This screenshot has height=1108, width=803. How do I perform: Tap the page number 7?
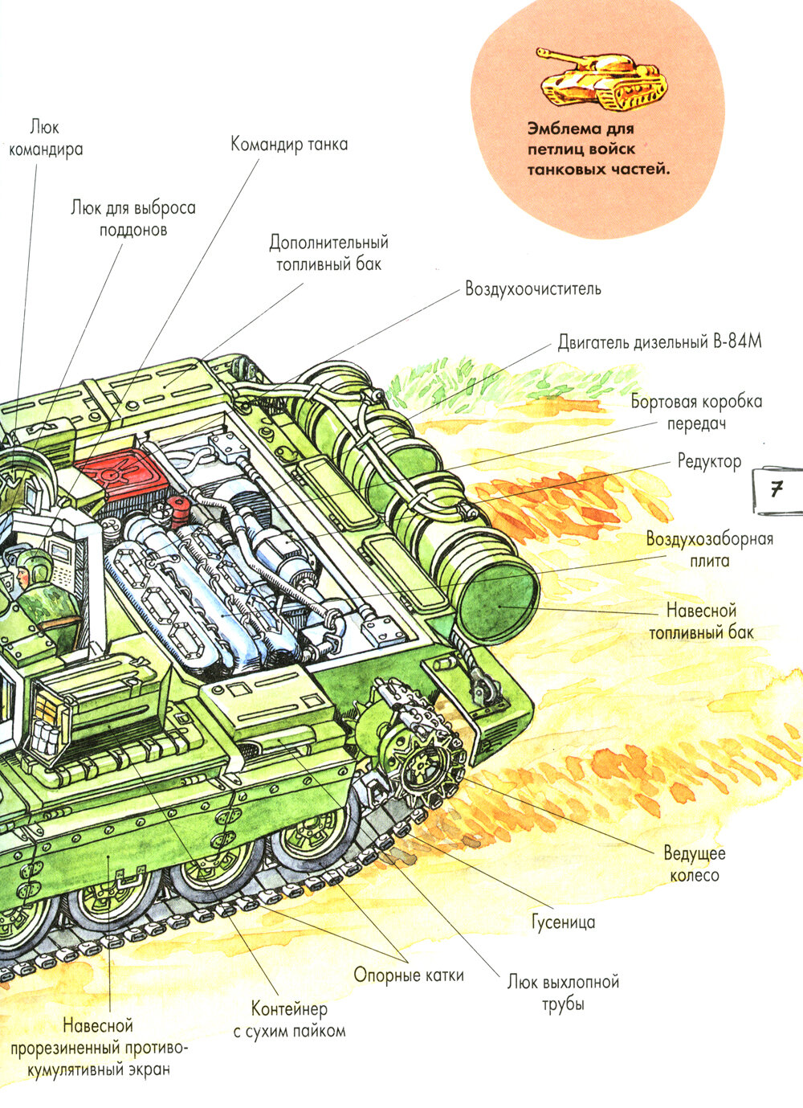(776, 489)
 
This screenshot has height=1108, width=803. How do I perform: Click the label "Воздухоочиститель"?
(532, 288)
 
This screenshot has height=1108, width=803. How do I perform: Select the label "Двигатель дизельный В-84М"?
(659, 341)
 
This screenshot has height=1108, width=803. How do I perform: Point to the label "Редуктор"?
(709, 461)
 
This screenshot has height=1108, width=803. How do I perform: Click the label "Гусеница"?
(563, 922)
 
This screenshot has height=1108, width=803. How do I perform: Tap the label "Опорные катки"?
(409, 975)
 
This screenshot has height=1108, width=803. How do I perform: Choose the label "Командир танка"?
(289, 145)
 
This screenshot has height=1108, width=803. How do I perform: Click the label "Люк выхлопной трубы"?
(563, 992)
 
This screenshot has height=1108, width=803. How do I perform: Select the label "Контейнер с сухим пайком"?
(289, 1020)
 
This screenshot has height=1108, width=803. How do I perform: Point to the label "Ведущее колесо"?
(694, 864)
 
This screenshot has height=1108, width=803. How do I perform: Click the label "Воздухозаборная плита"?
(710, 550)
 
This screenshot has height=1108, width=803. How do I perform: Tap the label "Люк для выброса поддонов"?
(133, 219)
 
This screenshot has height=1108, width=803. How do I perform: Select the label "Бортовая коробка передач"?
(696, 411)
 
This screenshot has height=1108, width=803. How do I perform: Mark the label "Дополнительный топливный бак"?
(328, 252)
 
